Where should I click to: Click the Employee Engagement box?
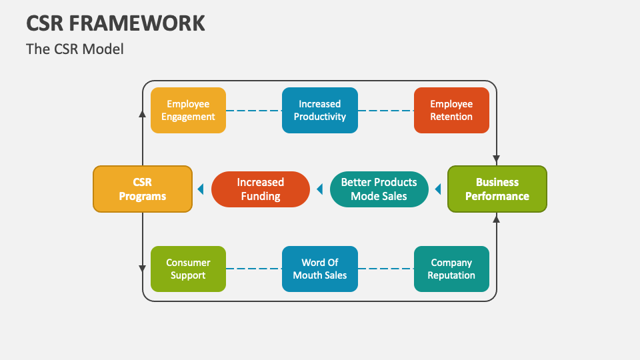[x=188, y=110]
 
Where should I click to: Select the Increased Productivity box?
[x=320, y=110]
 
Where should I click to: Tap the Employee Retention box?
[x=451, y=110]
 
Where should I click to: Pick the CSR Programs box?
[x=143, y=189]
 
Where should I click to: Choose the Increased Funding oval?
[x=261, y=189]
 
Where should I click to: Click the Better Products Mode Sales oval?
[x=379, y=189]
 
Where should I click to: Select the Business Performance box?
[x=497, y=189]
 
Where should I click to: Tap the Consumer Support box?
[x=188, y=269]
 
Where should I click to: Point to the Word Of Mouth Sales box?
[x=320, y=269]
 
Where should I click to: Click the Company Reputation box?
[x=451, y=269]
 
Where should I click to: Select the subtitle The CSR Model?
[x=75, y=49]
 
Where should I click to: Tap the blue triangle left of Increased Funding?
[x=201, y=189]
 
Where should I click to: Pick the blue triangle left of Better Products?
[x=319, y=189]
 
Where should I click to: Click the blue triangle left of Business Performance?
[x=438, y=189]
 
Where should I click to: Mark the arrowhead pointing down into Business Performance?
[x=496, y=159]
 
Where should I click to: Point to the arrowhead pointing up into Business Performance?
[x=496, y=219]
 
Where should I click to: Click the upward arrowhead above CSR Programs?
[x=143, y=114]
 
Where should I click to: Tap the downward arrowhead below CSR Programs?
[x=143, y=269]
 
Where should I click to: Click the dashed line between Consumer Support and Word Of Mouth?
[x=254, y=269]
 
